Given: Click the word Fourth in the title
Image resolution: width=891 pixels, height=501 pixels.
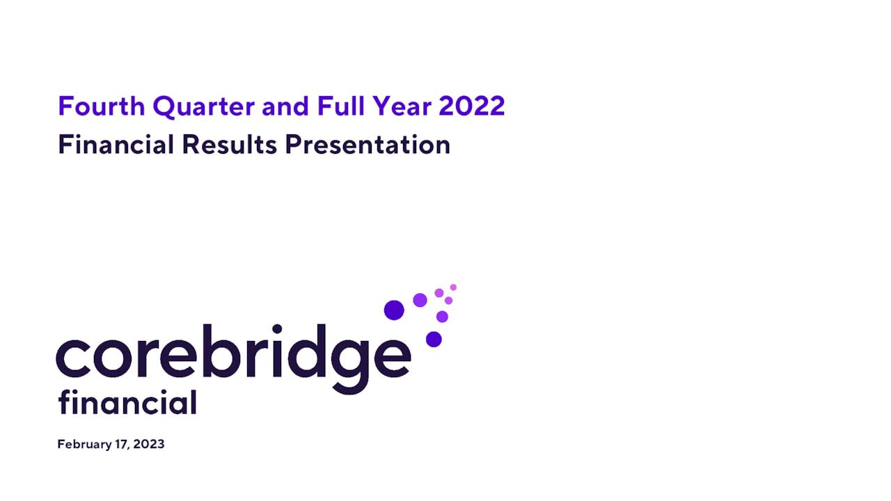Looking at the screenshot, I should click(102, 106).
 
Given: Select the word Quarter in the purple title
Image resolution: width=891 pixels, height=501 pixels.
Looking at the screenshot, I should click(204, 107).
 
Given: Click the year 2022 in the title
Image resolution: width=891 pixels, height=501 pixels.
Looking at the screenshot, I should click(471, 106).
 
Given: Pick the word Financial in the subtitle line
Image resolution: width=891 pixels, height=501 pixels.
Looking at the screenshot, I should click(116, 145).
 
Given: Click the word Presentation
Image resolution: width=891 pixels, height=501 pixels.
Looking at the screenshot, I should click(368, 145).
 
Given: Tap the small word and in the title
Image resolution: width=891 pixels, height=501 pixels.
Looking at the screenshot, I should click(286, 106).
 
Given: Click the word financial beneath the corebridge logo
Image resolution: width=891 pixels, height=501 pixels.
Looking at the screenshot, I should click(127, 402).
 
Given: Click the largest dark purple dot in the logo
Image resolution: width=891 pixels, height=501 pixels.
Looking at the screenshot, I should click(394, 310).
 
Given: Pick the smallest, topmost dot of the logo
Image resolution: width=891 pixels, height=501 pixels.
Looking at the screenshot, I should click(453, 287).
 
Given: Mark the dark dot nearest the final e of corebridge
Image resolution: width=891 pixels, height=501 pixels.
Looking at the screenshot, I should click(434, 339).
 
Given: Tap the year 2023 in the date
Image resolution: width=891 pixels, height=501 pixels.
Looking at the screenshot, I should click(149, 445).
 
